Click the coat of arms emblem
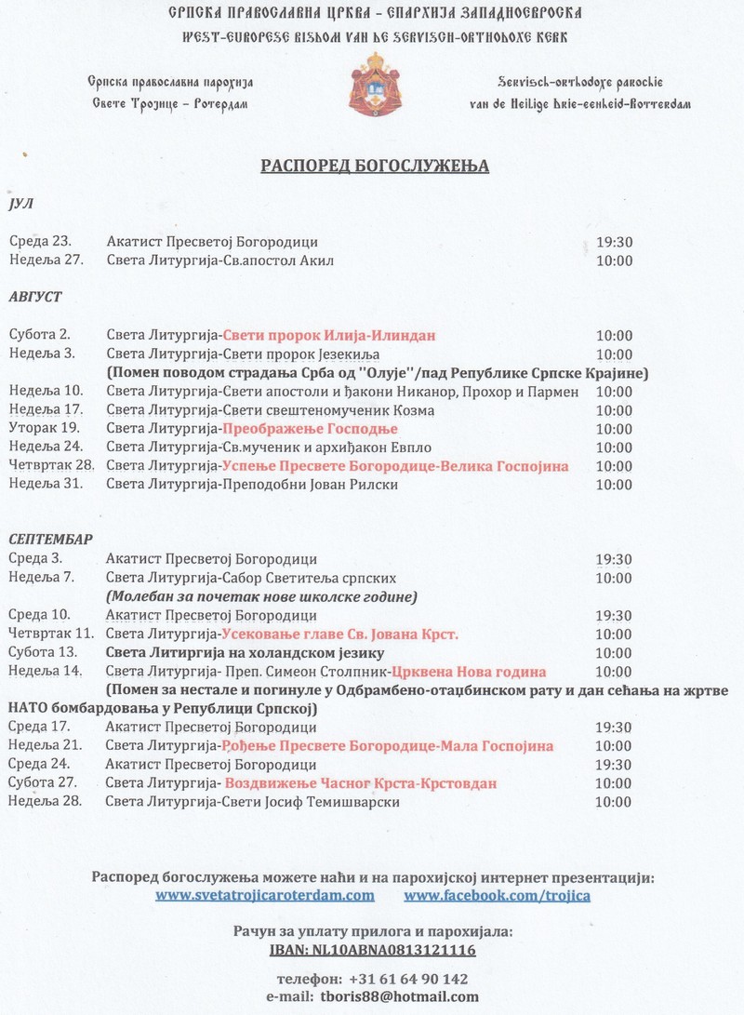372,88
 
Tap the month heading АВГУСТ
35,296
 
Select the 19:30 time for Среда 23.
614,242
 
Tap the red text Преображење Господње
310,429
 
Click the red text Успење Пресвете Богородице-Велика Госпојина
395,465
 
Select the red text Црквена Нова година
468,672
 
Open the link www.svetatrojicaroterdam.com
265,895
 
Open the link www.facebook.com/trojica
498,895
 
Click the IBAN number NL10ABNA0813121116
372,950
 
